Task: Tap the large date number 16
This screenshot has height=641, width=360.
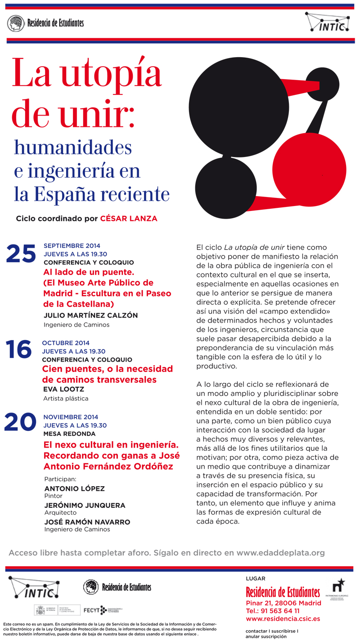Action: point(18,350)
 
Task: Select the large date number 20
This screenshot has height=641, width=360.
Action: point(20,422)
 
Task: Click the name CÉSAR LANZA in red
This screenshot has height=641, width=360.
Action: point(129,219)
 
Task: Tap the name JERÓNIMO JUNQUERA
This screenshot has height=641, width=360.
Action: point(85,505)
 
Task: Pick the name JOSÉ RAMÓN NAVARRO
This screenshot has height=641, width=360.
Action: point(87,522)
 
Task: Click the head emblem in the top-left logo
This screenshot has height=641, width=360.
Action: point(16,23)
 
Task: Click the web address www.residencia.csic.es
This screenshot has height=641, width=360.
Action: point(283,619)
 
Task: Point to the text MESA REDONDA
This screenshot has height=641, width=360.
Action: point(69,434)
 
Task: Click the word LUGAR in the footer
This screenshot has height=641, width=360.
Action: point(256,578)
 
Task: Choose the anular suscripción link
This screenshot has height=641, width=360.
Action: point(266,637)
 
